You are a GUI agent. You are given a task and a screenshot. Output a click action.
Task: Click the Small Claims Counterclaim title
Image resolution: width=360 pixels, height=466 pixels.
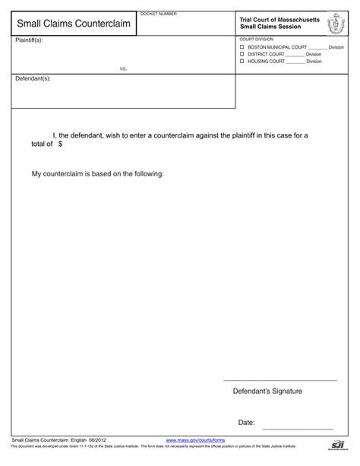(x=70, y=24)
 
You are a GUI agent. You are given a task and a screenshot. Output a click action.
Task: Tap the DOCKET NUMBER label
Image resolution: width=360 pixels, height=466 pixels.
(x=159, y=14)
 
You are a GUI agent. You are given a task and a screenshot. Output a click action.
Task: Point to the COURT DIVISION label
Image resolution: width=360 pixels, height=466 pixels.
(x=257, y=38)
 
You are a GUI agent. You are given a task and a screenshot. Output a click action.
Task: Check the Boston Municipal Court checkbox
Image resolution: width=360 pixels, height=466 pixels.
(x=242, y=47)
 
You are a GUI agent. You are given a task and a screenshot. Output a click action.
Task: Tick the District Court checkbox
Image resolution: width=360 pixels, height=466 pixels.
(x=242, y=54)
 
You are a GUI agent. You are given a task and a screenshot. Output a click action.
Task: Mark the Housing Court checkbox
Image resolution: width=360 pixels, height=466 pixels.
(x=242, y=61)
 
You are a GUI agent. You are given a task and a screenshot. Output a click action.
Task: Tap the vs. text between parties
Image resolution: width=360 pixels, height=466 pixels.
(x=123, y=68)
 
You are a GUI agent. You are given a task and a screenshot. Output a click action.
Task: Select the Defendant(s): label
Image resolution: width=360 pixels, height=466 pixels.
(x=33, y=79)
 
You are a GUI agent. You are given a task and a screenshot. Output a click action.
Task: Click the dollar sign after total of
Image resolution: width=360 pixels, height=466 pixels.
(x=60, y=143)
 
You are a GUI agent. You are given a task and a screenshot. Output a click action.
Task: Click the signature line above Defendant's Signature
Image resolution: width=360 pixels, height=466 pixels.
(x=279, y=379)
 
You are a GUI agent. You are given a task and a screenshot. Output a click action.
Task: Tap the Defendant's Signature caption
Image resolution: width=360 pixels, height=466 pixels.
(x=267, y=391)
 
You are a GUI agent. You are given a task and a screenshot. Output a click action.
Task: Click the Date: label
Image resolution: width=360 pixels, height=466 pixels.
(x=246, y=422)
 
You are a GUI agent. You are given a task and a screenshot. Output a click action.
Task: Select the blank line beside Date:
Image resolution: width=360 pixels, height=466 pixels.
(x=295, y=426)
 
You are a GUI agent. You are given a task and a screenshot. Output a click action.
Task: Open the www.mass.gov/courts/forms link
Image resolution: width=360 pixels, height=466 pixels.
(x=195, y=440)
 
